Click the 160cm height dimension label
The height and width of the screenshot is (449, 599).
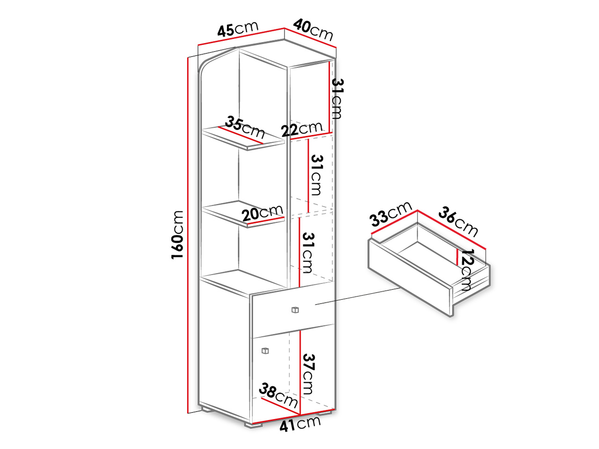[177, 234]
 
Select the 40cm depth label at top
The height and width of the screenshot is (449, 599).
[313, 29]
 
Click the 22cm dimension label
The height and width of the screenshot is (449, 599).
[301, 129]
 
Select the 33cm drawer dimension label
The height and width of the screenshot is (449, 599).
[390, 214]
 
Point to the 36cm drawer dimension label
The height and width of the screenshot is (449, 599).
[458, 221]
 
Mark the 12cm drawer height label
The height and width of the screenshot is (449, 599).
[467, 269]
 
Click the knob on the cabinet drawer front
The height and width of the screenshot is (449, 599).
[295, 310]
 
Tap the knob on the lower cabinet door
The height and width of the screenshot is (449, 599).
[265, 351]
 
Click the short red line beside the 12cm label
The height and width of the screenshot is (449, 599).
[458, 256]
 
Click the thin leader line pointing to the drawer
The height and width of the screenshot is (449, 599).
[358, 296]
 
